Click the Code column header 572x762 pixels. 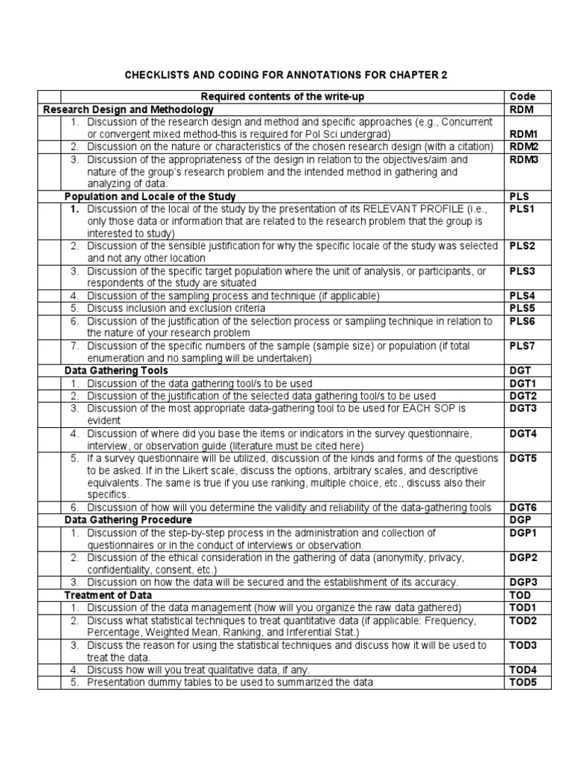(x=522, y=97)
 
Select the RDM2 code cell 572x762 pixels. (x=524, y=147)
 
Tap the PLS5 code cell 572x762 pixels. (x=522, y=308)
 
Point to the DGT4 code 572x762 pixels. (x=523, y=433)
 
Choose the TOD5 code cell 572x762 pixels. (x=523, y=682)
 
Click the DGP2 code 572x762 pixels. (x=523, y=557)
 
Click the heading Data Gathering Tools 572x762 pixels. (x=116, y=371)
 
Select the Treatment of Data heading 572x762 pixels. (x=108, y=595)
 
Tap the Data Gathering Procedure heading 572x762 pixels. (x=128, y=520)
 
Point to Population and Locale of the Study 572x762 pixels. (x=150, y=196)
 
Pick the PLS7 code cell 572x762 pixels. (x=522, y=346)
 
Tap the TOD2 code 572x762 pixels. (x=523, y=620)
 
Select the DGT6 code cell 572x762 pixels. (x=523, y=508)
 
